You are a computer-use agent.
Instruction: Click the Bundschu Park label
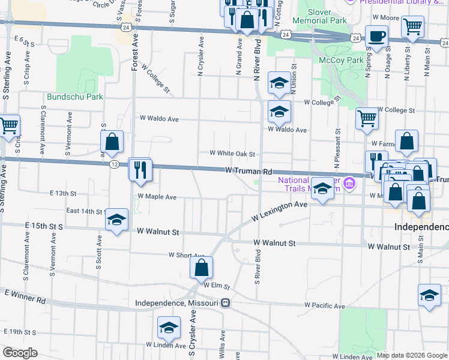tap(75, 97)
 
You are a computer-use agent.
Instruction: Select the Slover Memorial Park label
tap(327, 16)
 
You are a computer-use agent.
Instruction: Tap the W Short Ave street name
tap(187, 256)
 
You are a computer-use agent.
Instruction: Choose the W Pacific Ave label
tap(324, 305)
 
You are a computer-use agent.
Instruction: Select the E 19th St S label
tap(19, 331)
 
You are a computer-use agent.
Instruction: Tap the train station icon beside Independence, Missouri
tap(225, 303)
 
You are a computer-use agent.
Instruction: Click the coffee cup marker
tap(376, 35)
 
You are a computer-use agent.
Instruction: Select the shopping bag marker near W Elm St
tap(201, 268)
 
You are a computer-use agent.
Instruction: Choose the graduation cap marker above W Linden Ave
tap(169, 328)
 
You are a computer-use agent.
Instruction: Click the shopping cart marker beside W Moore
tap(412, 27)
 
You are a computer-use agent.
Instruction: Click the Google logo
tap(20, 353)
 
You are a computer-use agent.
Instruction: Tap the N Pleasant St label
tap(338, 150)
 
